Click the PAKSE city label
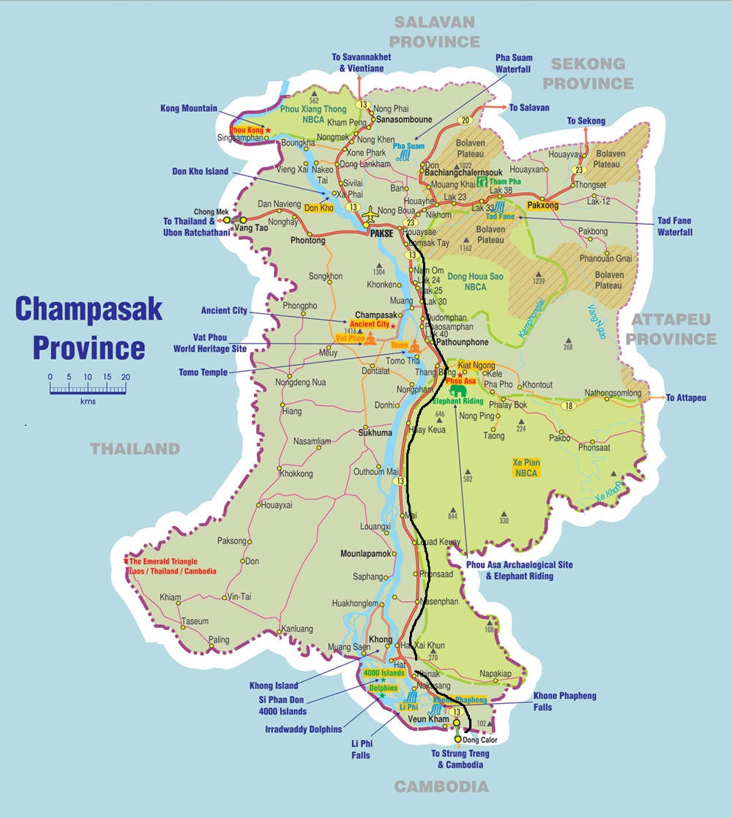point(381,233)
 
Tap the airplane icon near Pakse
point(370,213)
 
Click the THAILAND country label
point(135,449)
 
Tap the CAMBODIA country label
point(441,787)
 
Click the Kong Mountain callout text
point(189,108)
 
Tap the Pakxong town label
point(542,206)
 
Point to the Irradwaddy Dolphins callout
point(303,729)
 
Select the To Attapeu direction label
point(686,397)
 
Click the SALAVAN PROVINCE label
point(435,31)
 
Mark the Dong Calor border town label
point(480,740)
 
